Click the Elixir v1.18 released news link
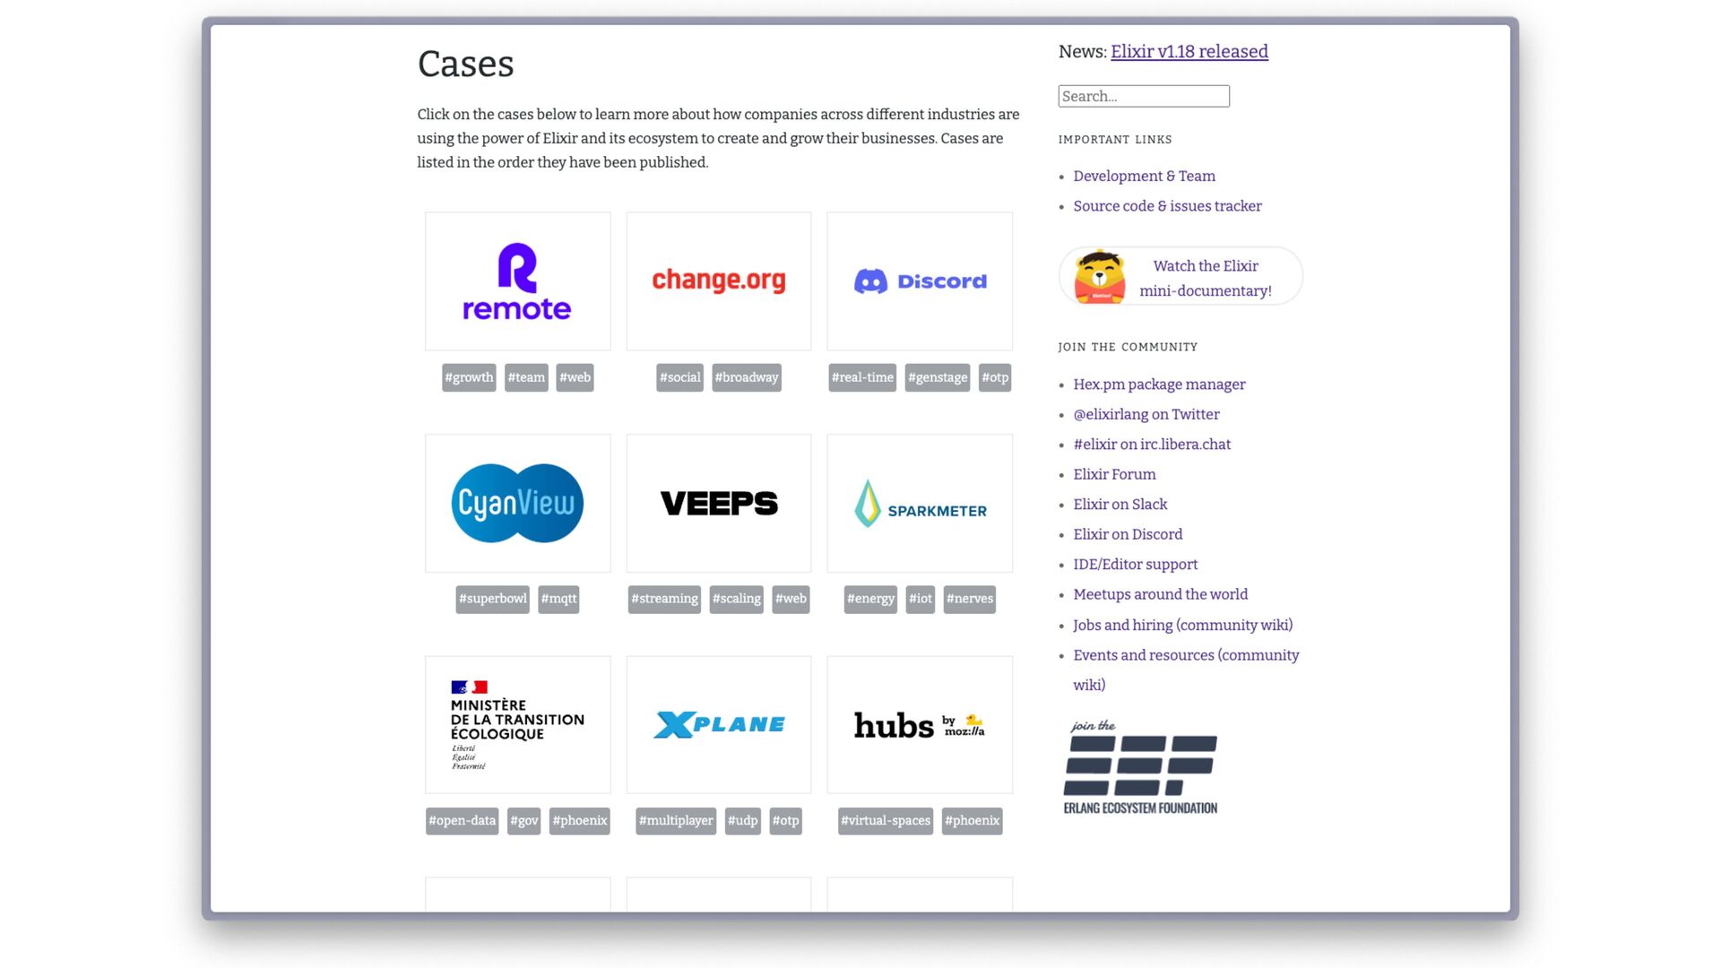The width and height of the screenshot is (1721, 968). (1189, 51)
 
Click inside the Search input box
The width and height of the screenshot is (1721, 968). (1143, 96)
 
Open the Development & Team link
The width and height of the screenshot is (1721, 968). (1144, 176)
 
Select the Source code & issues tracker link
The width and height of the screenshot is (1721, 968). (1167, 206)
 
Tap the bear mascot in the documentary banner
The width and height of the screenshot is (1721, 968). (1100, 277)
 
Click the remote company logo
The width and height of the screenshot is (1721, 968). (517, 281)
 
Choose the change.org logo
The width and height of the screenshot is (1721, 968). (718, 281)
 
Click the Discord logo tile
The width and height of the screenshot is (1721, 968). (920, 281)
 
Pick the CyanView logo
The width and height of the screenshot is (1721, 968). (517, 503)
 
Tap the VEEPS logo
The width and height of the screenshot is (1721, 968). (718, 503)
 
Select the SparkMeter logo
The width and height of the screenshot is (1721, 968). (920, 504)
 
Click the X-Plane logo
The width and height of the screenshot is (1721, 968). (718, 724)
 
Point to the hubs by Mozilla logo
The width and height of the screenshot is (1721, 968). (920, 724)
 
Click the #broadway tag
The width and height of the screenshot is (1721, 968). (747, 377)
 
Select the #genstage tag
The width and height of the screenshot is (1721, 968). (938, 377)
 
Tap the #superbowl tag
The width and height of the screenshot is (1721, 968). (492, 599)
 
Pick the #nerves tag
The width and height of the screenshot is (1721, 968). (969, 599)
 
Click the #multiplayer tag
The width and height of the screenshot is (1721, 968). (676, 820)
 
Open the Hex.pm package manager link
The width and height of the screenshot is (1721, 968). (1159, 385)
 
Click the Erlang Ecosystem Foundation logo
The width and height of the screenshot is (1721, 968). (1139, 767)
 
